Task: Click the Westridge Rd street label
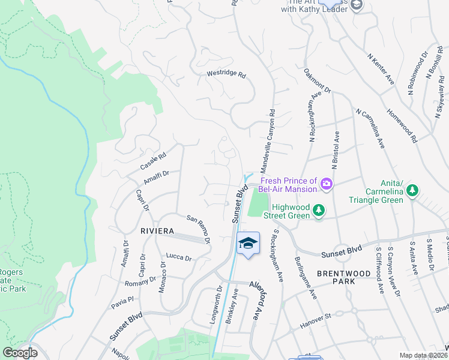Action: [226, 75]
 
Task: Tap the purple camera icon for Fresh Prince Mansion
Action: [327, 184]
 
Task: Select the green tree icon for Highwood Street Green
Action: [319, 211]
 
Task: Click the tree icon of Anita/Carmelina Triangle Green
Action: [412, 191]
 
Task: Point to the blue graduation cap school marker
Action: [248, 244]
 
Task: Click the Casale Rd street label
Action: [152, 159]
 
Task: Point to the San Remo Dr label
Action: [199, 229]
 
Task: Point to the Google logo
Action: [20, 353]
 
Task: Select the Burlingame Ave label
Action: [304, 276]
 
